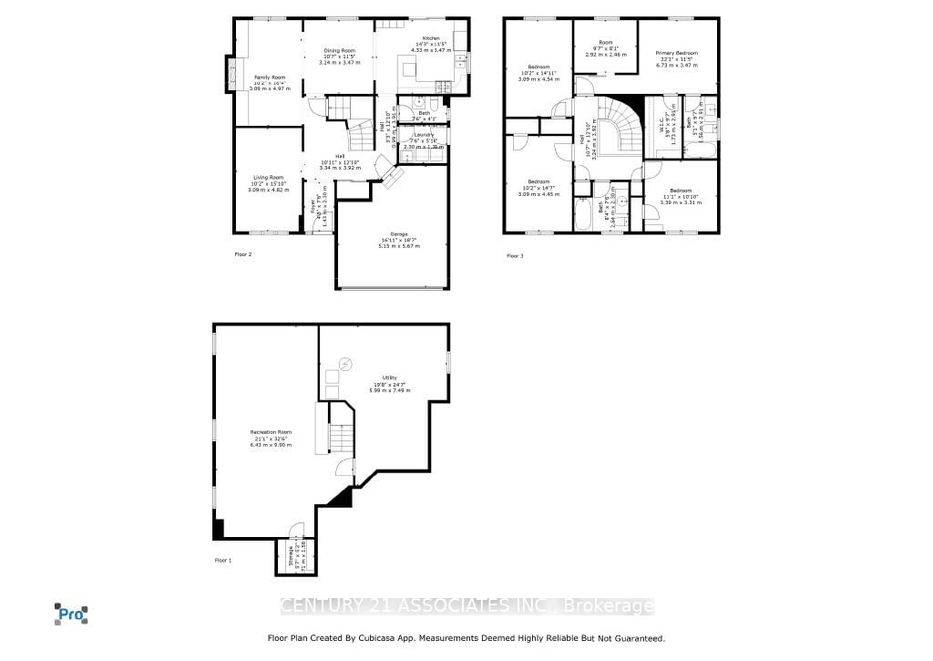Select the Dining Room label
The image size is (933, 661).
[x=339, y=50]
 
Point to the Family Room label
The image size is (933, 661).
[x=269, y=77]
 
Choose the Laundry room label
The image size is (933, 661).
[x=423, y=135]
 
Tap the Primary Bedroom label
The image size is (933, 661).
[x=677, y=54]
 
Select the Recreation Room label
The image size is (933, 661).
[x=271, y=431]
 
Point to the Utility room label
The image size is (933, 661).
[x=391, y=378]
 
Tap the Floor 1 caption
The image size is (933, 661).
[x=223, y=560]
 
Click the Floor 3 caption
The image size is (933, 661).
[x=516, y=255]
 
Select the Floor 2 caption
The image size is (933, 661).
[x=243, y=254]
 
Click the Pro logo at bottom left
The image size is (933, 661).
[x=71, y=614]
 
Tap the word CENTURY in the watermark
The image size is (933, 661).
[x=319, y=605]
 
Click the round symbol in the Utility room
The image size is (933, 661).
[x=345, y=365]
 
